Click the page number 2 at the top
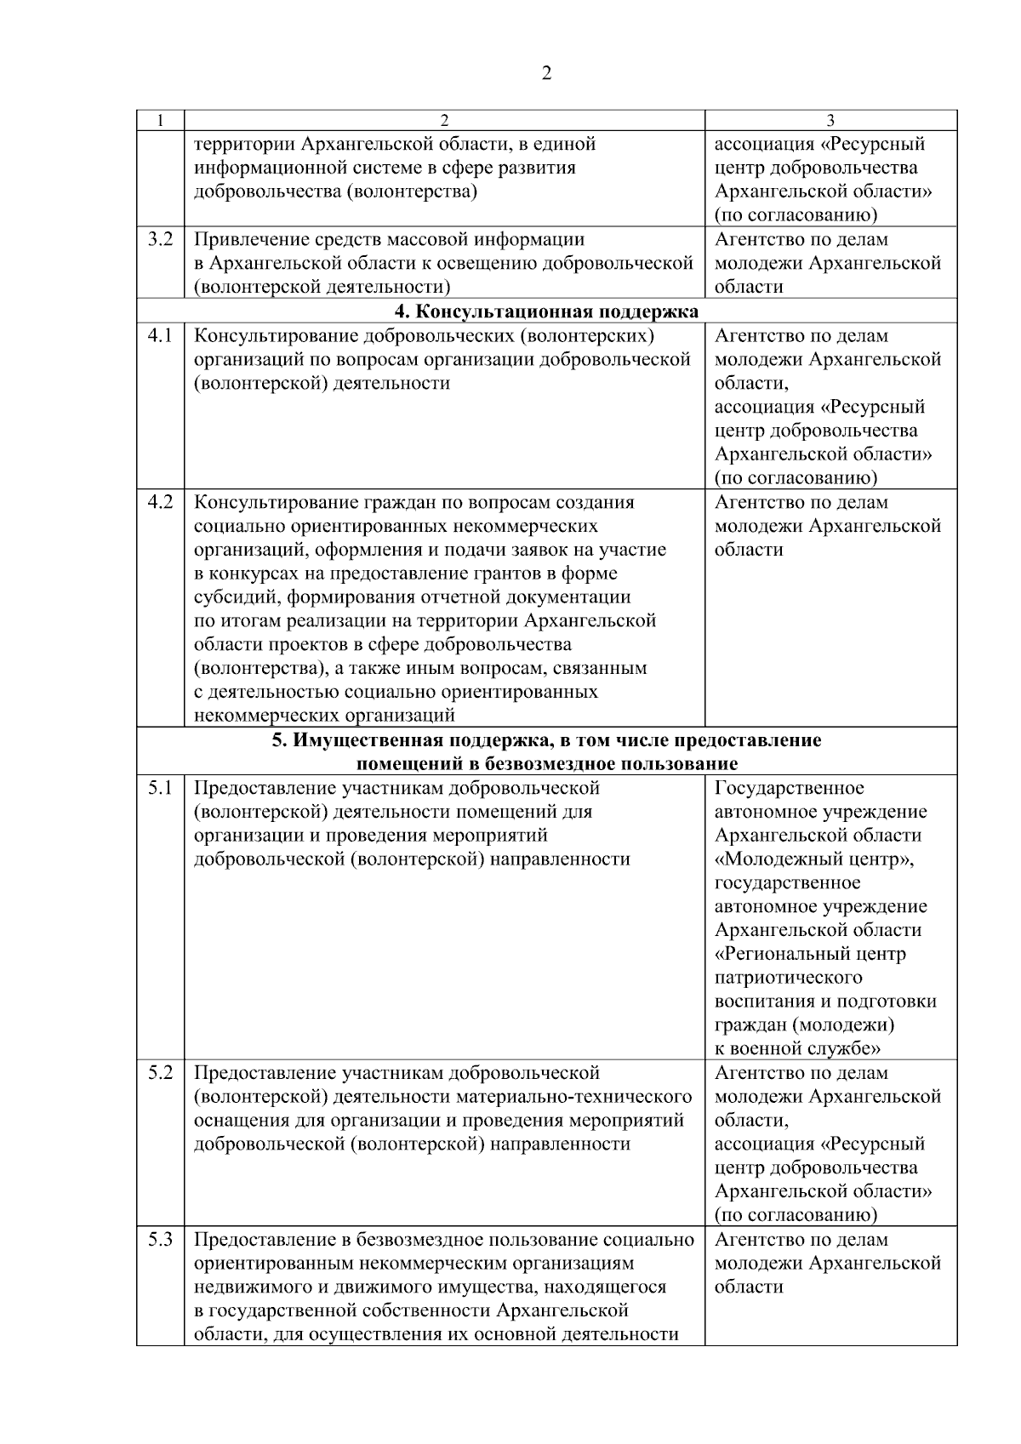(x=546, y=73)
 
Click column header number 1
(x=160, y=120)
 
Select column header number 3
(x=830, y=120)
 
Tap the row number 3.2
(x=160, y=239)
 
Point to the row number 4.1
(x=160, y=335)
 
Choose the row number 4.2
(x=160, y=502)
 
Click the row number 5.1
(x=160, y=788)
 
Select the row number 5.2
(x=160, y=1073)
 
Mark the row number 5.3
(x=160, y=1240)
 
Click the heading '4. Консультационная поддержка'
(x=546, y=311)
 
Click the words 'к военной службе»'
(x=797, y=1048)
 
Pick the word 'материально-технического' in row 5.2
(x=585, y=1097)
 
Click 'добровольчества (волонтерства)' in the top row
(x=335, y=191)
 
